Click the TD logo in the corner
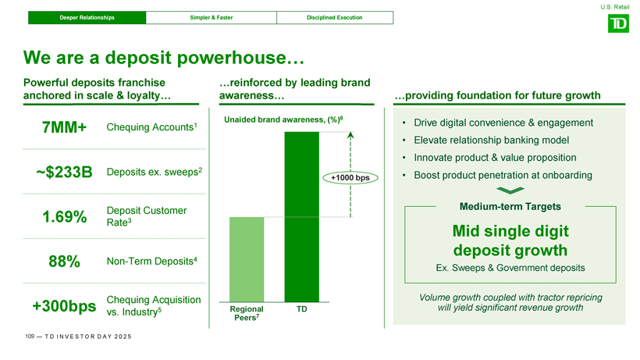[x=618, y=23]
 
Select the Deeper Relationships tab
[x=87, y=17]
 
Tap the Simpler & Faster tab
[x=211, y=17]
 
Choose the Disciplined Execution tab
[x=335, y=17]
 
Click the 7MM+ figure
[x=64, y=127]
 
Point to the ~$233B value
[x=64, y=172]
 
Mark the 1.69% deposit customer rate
[x=65, y=217]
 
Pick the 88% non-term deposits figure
[x=64, y=262]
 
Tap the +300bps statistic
[x=64, y=305]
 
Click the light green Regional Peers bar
[x=247, y=259]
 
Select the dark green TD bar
[x=301, y=217]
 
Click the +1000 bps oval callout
[x=350, y=177]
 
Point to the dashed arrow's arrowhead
[x=350, y=135]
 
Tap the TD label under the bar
[x=301, y=309]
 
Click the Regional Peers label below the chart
[x=247, y=313]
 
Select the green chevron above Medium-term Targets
[x=510, y=191]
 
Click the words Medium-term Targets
[x=510, y=206]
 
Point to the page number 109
[x=30, y=337]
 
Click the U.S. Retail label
[x=615, y=7]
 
